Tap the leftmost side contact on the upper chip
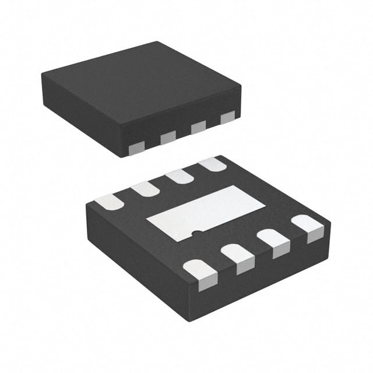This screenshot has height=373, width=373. (x=136, y=148)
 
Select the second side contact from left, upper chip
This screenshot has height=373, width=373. (x=168, y=137)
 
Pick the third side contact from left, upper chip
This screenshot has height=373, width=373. (x=198, y=126)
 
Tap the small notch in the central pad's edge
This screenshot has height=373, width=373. (x=198, y=234)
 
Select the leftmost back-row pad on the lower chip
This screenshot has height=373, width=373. (x=109, y=202)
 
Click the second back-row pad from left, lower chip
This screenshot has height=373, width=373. (x=145, y=188)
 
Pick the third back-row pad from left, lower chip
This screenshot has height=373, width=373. (x=180, y=175)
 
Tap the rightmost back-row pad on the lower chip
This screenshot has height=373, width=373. (x=212, y=164)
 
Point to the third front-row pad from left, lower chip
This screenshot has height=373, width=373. (x=273, y=242)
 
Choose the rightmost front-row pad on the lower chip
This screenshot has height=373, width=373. (x=307, y=227)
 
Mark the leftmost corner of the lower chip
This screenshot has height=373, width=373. (x=86, y=204)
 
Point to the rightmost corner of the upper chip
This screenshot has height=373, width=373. (x=241, y=87)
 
